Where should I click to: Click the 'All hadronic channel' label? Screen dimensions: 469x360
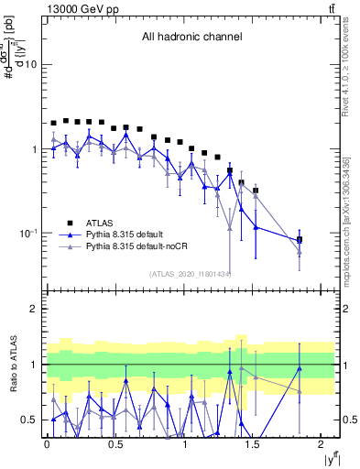tap(191, 38)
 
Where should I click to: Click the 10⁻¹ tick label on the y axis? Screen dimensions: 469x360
tap(27, 234)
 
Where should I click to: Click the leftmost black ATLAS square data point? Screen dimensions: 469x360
tap(53, 123)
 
